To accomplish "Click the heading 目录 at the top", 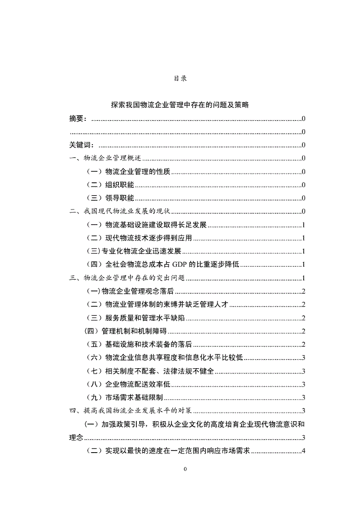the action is point(180,77).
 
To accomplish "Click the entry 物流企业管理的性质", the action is point(138,171).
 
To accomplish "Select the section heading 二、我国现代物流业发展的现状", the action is point(120,211).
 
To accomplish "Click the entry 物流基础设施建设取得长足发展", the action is point(156,225).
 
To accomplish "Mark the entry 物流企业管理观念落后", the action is point(137,291).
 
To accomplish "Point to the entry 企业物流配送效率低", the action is point(137,384).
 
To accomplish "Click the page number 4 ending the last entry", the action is point(305,451).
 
